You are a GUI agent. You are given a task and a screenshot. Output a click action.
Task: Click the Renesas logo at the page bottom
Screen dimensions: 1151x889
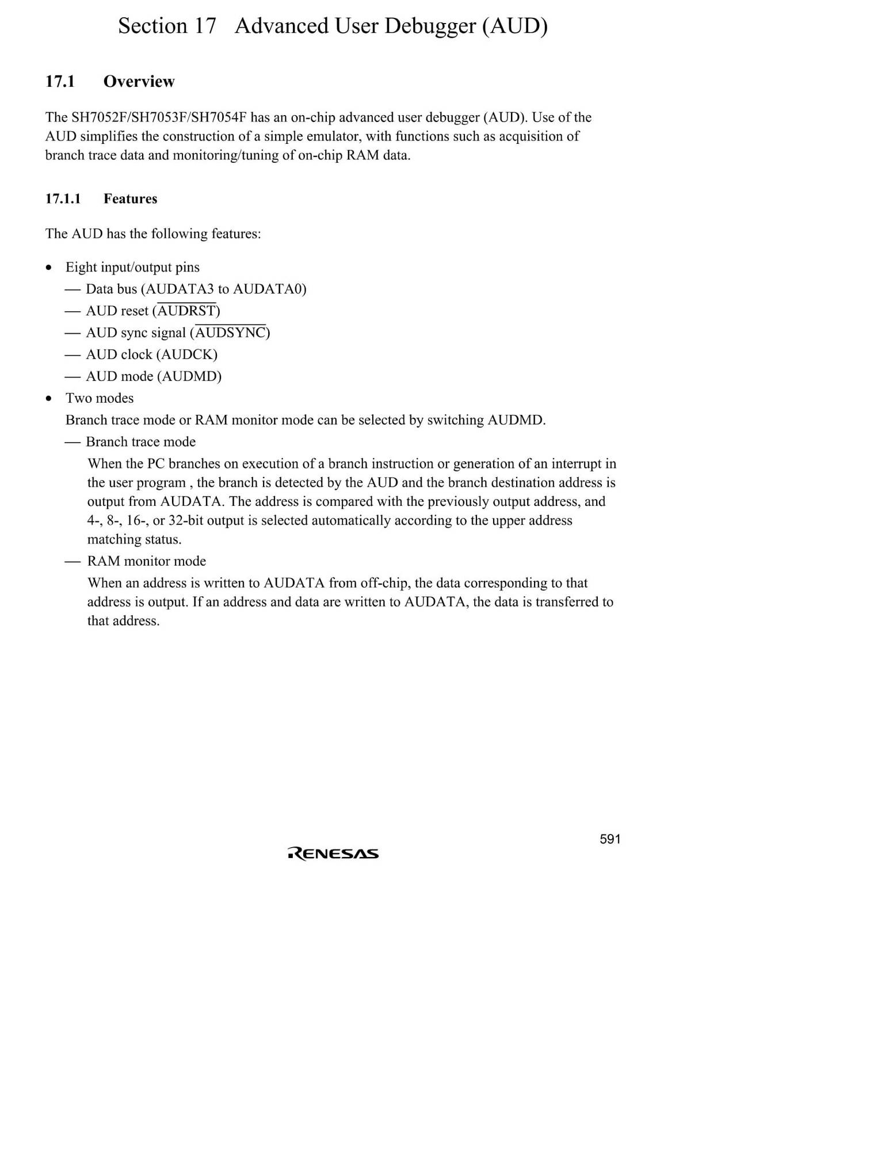point(333,853)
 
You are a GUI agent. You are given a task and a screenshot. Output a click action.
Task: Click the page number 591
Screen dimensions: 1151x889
point(610,839)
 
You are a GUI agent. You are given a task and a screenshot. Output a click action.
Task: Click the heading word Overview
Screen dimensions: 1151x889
point(139,82)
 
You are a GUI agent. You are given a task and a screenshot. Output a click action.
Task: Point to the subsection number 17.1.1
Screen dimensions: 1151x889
point(63,199)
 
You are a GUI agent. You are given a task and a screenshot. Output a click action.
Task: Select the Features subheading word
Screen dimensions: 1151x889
point(130,199)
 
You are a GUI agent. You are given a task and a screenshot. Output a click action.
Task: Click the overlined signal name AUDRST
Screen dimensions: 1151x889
point(186,311)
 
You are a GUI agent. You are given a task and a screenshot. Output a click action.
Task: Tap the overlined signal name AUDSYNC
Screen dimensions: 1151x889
point(230,333)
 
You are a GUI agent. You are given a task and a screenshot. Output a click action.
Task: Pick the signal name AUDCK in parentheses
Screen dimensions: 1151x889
point(186,355)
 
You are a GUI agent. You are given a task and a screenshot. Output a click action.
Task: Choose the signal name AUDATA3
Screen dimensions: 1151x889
point(180,289)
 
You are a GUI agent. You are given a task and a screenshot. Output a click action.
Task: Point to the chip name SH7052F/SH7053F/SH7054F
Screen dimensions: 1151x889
point(159,118)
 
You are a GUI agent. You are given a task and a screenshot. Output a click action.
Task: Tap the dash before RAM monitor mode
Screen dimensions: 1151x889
point(72,562)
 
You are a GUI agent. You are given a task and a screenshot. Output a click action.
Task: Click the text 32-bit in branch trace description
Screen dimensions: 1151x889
point(185,521)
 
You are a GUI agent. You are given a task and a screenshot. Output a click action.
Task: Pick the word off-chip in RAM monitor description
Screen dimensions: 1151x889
point(384,584)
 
